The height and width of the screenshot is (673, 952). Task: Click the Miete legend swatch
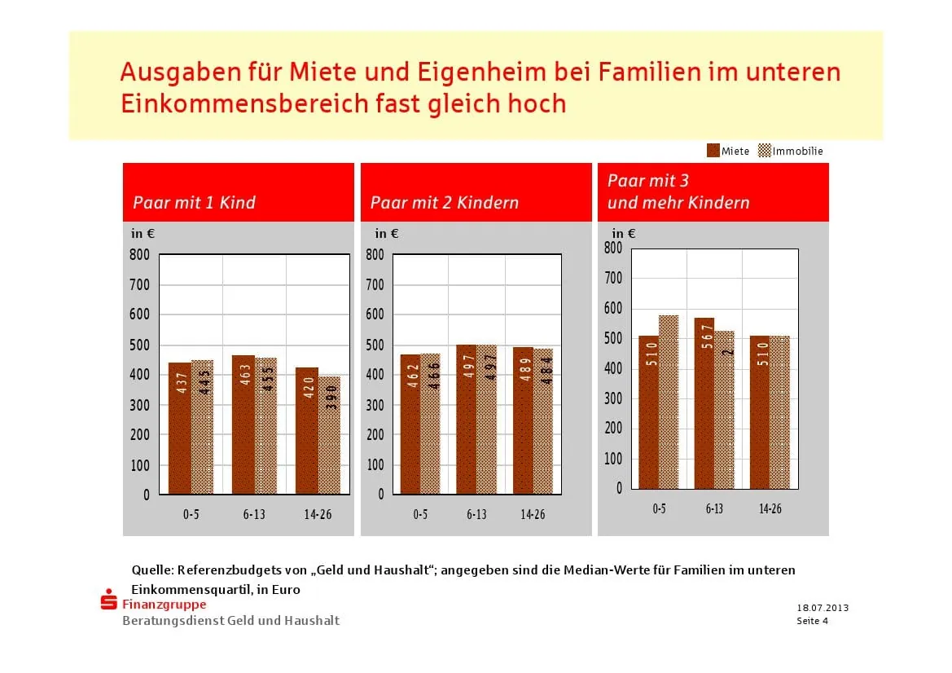click(x=713, y=151)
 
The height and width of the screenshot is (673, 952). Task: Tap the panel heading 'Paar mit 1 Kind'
click(x=194, y=202)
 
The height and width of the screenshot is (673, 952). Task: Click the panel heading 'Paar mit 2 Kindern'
click(x=444, y=202)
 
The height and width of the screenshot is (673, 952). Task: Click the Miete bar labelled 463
click(x=243, y=424)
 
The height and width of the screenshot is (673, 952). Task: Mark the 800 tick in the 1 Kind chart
click(x=140, y=254)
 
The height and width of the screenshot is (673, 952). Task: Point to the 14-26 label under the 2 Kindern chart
click(x=533, y=514)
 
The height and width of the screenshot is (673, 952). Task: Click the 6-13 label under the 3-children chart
click(x=714, y=508)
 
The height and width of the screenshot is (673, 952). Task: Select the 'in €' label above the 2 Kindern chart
click(x=386, y=233)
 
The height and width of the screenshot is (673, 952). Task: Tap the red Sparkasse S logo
click(x=108, y=602)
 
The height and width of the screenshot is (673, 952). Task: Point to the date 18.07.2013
click(x=823, y=608)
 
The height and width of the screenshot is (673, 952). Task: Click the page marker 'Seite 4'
click(x=812, y=621)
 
